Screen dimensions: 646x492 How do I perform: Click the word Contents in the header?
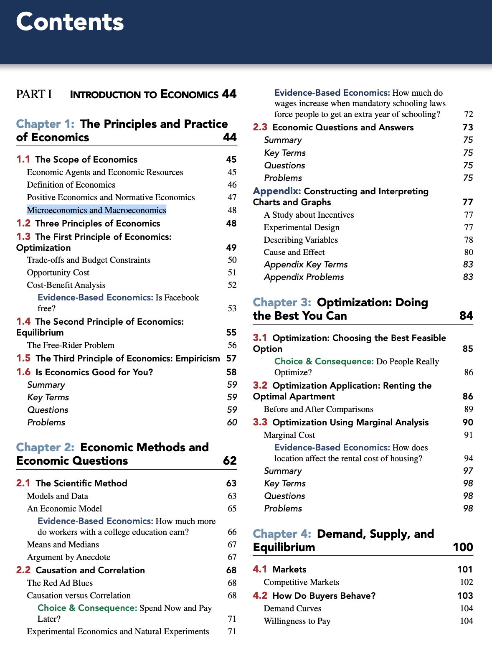(x=70, y=22)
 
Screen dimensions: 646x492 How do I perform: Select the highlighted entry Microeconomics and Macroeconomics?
(x=96, y=210)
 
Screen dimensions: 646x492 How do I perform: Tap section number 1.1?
(x=23, y=160)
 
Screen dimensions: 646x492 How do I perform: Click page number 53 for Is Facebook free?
(x=232, y=309)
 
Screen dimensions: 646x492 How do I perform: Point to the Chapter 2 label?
(x=45, y=448)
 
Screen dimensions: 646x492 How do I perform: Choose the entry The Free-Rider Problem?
(x=71, y=345)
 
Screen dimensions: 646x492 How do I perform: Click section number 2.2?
(x=23, y=570)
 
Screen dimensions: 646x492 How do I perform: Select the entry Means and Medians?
(x=63, y=544)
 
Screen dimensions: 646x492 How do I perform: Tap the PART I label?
(x=34, y=94)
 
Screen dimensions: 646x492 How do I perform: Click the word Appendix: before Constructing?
(x=276, y=191)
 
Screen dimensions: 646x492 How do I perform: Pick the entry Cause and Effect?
(x=294, y=252)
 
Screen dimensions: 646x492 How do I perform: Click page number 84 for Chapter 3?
(x=466, y=316)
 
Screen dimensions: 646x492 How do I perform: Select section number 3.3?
(x=260, y=422)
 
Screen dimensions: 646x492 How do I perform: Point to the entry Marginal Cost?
(x=289, y=435)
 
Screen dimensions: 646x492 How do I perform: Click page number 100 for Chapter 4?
(x=463, y=547)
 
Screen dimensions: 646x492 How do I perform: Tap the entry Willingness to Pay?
(x=297, y=621)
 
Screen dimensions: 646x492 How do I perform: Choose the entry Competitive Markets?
(x=301, y=582)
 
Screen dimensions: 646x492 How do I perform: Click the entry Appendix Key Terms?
(x=306, y=265)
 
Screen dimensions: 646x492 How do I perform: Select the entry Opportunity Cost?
(x=58, y=272)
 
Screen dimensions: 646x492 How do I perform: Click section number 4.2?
(x=260, y=595)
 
